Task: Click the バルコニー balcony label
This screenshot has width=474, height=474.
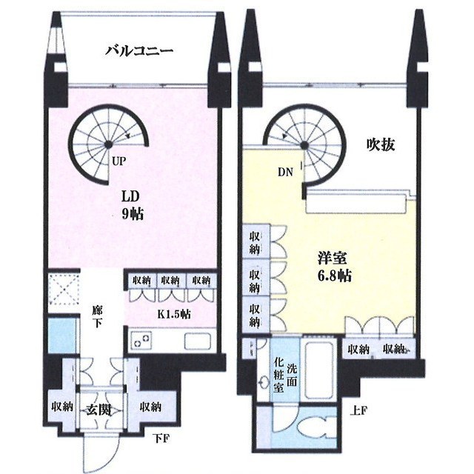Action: click(x=138, y=51)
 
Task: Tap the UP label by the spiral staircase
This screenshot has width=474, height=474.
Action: click(x=118, y=159)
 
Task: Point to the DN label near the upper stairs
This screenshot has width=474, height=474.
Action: click(x=286, y=173)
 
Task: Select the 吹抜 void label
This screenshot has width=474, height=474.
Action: click(x=380, y=145)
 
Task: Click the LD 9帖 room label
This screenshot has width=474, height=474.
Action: click(x=133, y=205)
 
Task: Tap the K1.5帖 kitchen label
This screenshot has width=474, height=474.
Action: click(x=174, y=314)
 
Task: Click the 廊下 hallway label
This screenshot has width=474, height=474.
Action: click(x=97, y=316)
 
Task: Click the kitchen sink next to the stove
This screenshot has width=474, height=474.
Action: click(x=198, y=342)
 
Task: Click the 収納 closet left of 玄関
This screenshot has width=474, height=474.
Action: click(x=61, y=406)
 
